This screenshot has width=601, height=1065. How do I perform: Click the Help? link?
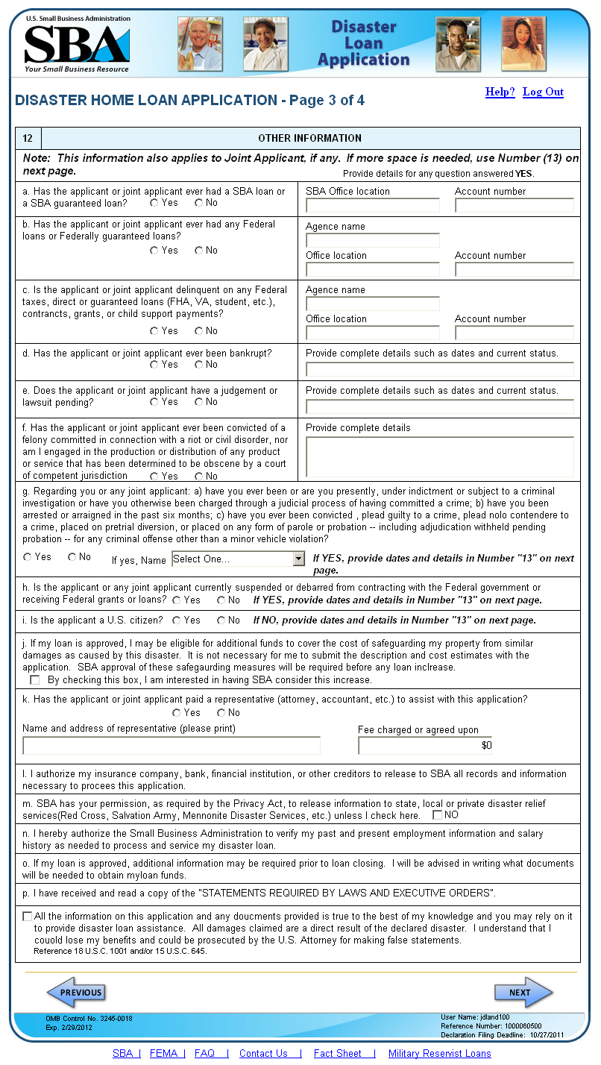point(500,92)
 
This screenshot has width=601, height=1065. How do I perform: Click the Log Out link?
point(543,92)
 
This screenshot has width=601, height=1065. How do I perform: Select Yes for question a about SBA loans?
point(154,203)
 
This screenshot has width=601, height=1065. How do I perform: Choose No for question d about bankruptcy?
point(199,365)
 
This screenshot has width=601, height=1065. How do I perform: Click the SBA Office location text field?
point(372,206)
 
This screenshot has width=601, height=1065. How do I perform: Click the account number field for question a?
point(514,206)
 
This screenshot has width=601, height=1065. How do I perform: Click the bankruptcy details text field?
point(439,369)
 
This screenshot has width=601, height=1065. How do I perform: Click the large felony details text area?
point(439,456)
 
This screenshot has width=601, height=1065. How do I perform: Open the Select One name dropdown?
point(239,559)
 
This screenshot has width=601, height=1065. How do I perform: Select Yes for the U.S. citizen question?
point(177,621)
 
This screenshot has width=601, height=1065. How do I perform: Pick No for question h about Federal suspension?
point(221,600)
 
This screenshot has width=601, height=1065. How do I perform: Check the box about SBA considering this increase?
point(35,680)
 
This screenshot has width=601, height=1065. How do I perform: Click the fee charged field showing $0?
point(425,746)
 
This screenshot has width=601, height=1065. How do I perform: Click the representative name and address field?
point(172,746)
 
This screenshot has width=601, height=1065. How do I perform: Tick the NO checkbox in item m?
point(438,815)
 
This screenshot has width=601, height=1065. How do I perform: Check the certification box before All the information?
point(28,917)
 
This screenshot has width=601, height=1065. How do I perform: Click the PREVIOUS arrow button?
point(76,993)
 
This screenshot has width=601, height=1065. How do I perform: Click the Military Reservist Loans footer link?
point(439,1054)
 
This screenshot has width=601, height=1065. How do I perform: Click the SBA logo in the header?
point(77,45)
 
